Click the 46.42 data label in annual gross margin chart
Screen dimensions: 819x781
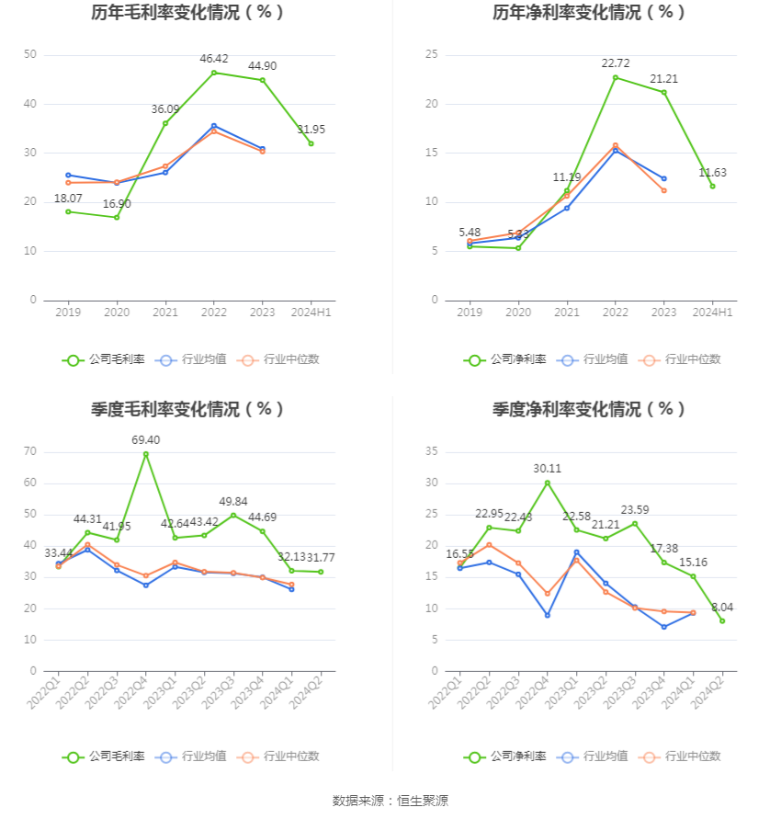tap(214, 59)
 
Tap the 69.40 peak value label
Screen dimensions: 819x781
tap(145, 440)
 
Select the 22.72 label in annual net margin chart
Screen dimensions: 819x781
tap(616, 63)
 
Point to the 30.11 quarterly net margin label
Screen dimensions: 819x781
tap(547, 469)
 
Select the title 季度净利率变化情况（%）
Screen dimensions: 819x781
tap(589, 410)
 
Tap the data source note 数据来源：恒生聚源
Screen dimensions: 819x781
tap(390, 801)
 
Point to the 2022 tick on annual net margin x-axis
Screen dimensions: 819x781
tap(616, 313)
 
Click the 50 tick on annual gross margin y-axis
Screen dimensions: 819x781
tap(30, 55)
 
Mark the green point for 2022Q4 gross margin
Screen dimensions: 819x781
tap(145, 454)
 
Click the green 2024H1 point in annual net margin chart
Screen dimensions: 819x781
tap(712, 187)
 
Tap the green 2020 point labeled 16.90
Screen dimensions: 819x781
tap(117, 217)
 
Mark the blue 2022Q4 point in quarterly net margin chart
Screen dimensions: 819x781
tap(547, 615)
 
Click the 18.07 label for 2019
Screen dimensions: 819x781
tap(68, 199)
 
